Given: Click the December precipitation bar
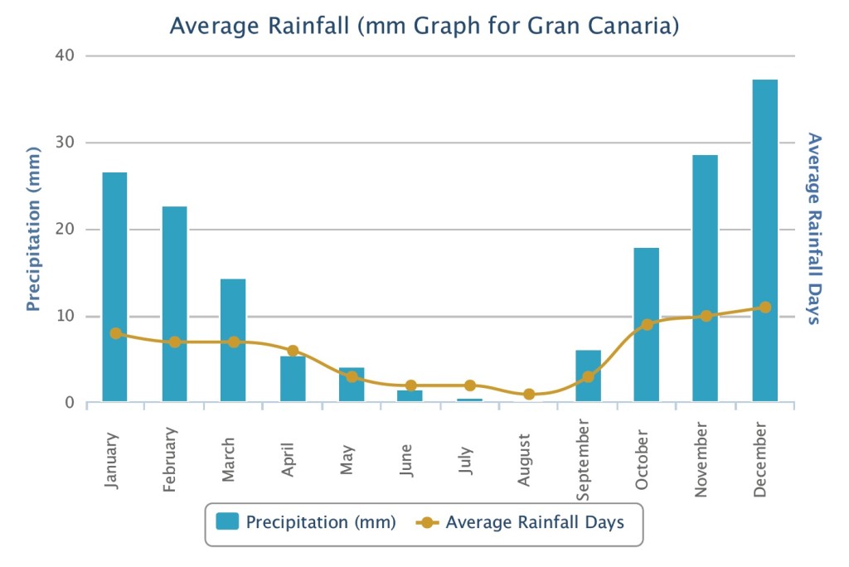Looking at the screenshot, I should [x=764, y=240].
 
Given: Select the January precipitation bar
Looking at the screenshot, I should [x=115, y=286].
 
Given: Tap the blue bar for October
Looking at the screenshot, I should [x=647, y=324].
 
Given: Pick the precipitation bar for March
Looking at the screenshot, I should [x=233, y=340].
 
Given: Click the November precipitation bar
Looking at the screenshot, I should [x=706, y=278].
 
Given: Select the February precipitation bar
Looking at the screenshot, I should [x=174, y=303].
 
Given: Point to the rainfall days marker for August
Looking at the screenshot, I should [x=529, y=395].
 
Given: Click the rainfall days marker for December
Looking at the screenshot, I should [x=764, y=308].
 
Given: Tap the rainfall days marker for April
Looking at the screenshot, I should [x=293, y=351].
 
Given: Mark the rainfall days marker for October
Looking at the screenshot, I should [x=647, y=325].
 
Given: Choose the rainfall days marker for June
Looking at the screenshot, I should [x=410, y=385].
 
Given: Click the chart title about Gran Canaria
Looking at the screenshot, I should [x=424, y=27].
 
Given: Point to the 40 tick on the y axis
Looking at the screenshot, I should [x=65, y=56].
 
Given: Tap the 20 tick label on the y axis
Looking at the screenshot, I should [x=65, y=230].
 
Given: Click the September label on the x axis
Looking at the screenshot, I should [x=585, y=461].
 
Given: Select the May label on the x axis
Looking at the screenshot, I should [x=348, y=460].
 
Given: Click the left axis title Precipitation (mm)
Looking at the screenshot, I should [x=33, y=229].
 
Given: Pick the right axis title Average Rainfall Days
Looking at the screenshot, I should [x=814, y=229].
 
